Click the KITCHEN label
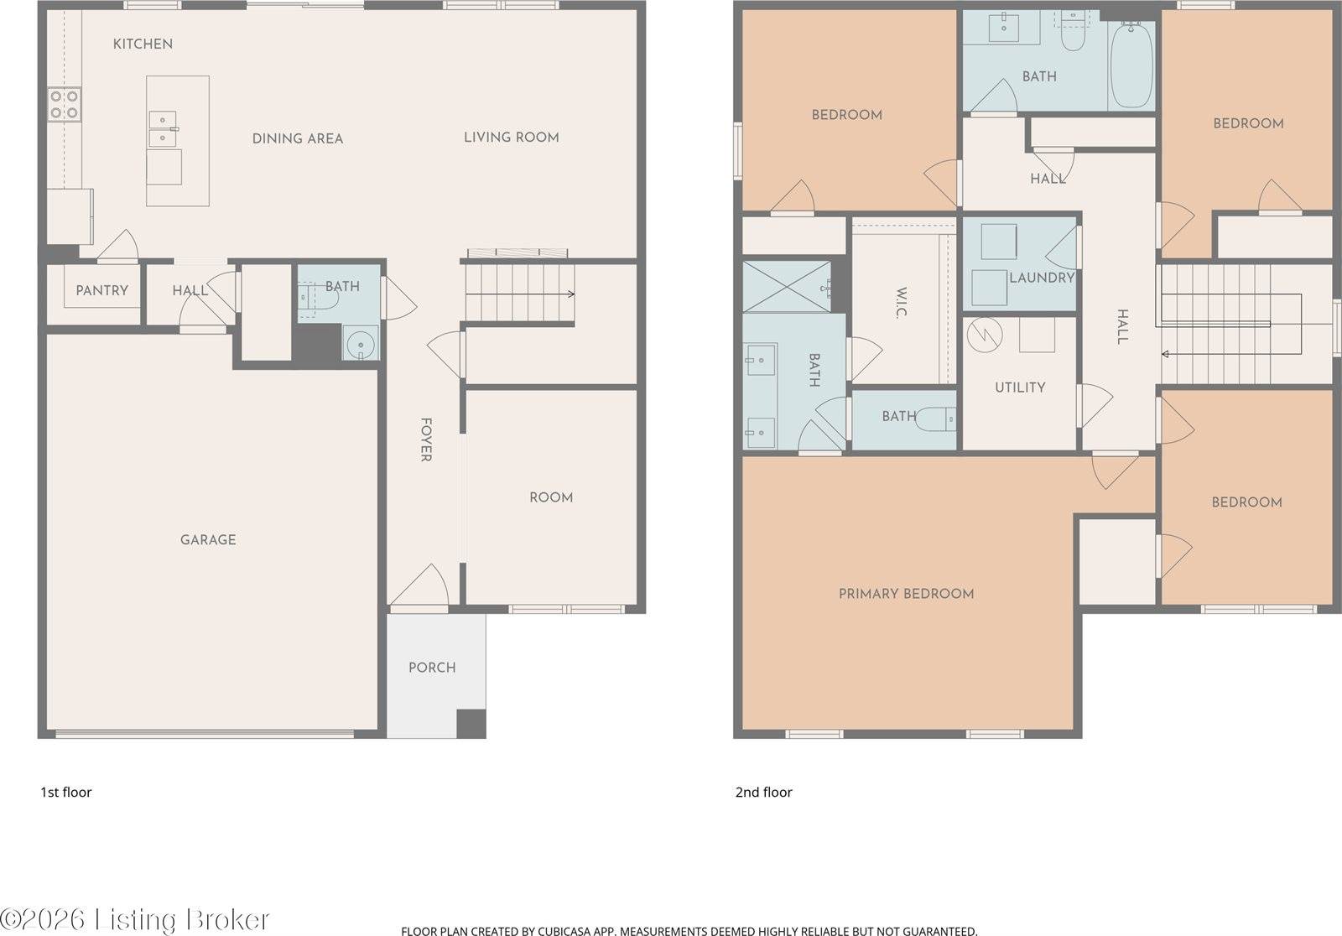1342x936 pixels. tap(143, 44)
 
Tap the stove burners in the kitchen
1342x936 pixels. tap(64, 104)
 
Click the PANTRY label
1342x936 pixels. tap(101, 290)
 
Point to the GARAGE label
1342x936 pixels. tap(208, 539)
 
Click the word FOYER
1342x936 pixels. tap(425, 440)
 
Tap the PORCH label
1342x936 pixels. tap(432, 668)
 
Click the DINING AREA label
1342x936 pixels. tap(298, 138)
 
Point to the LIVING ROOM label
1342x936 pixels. tap(511, 137)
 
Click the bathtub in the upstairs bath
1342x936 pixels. tap(1131, 65)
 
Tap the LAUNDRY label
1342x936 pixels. tap(1042, 278)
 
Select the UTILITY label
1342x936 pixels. tap(1020, 387)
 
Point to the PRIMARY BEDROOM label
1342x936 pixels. tap(906, 594)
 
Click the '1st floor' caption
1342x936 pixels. tap(66, 792)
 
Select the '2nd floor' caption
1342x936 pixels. tap(763, 792)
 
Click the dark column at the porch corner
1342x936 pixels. tap(471, 724)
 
